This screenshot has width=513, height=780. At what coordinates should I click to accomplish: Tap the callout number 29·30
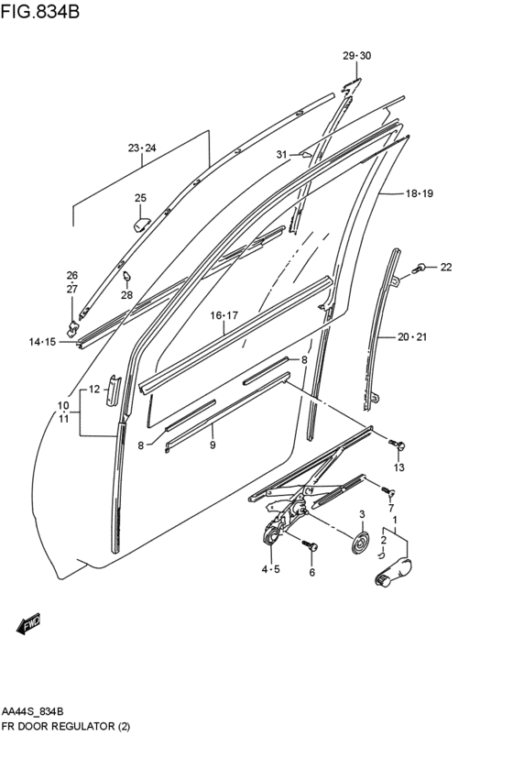click(x=356, y=57)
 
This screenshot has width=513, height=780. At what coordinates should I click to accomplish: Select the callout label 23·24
click(x=142, y=148)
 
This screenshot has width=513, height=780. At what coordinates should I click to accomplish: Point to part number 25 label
click(x=140, y=198)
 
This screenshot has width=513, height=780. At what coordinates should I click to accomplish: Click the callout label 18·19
click(x=419, y=193)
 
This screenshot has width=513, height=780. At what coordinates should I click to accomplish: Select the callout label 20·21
click(x=412, y=337)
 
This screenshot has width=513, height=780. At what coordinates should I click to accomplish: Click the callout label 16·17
click(x=224, y=315)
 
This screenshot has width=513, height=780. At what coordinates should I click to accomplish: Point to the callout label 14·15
click(x=42, y=342)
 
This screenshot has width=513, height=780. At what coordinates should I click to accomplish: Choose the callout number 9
click(x=212, y=445)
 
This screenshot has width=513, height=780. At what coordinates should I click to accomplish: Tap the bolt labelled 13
click(x=397, y=445)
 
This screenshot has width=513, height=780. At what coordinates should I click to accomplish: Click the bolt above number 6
click(x=311, y=547)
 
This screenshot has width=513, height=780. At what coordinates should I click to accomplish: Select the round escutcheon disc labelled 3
click(x=361, y=544)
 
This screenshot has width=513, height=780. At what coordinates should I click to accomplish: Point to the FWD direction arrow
click(x=28, y=624)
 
